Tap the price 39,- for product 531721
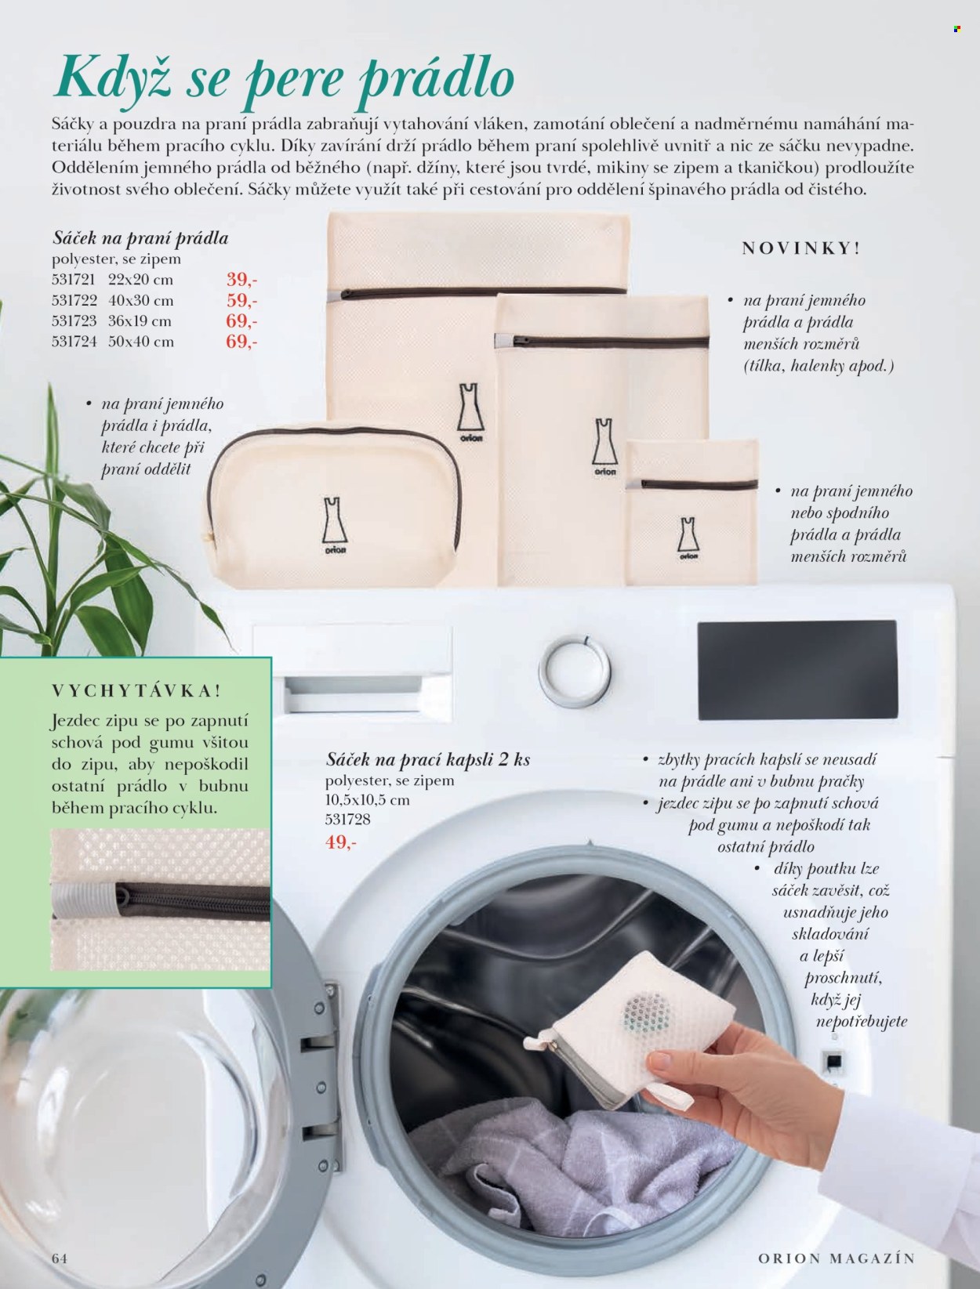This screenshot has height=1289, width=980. [x=242, y=280]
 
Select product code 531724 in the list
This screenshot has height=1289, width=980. [x=74, y=342]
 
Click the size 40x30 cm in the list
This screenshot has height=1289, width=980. [x=141, y=301]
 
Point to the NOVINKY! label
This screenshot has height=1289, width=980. [x=801, y=248]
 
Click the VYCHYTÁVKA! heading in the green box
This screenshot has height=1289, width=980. [x=136, y=690]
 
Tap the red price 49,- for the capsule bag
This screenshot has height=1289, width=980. [x=341, y=842]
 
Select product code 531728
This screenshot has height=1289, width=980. [x=348, y=819]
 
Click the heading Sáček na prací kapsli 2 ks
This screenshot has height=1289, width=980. [x=428, y=760]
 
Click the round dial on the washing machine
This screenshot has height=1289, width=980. [x=575, y=671]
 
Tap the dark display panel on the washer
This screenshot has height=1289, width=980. [x=797, y=669]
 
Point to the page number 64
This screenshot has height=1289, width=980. [x=60, y=1258]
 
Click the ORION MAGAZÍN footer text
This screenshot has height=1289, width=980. [x=837, y=1258]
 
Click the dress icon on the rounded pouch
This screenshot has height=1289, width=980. [x=335, y=521]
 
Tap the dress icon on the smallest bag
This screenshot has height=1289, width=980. [x=688, y=534]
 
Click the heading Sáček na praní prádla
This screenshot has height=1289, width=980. [x=140, y=238]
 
